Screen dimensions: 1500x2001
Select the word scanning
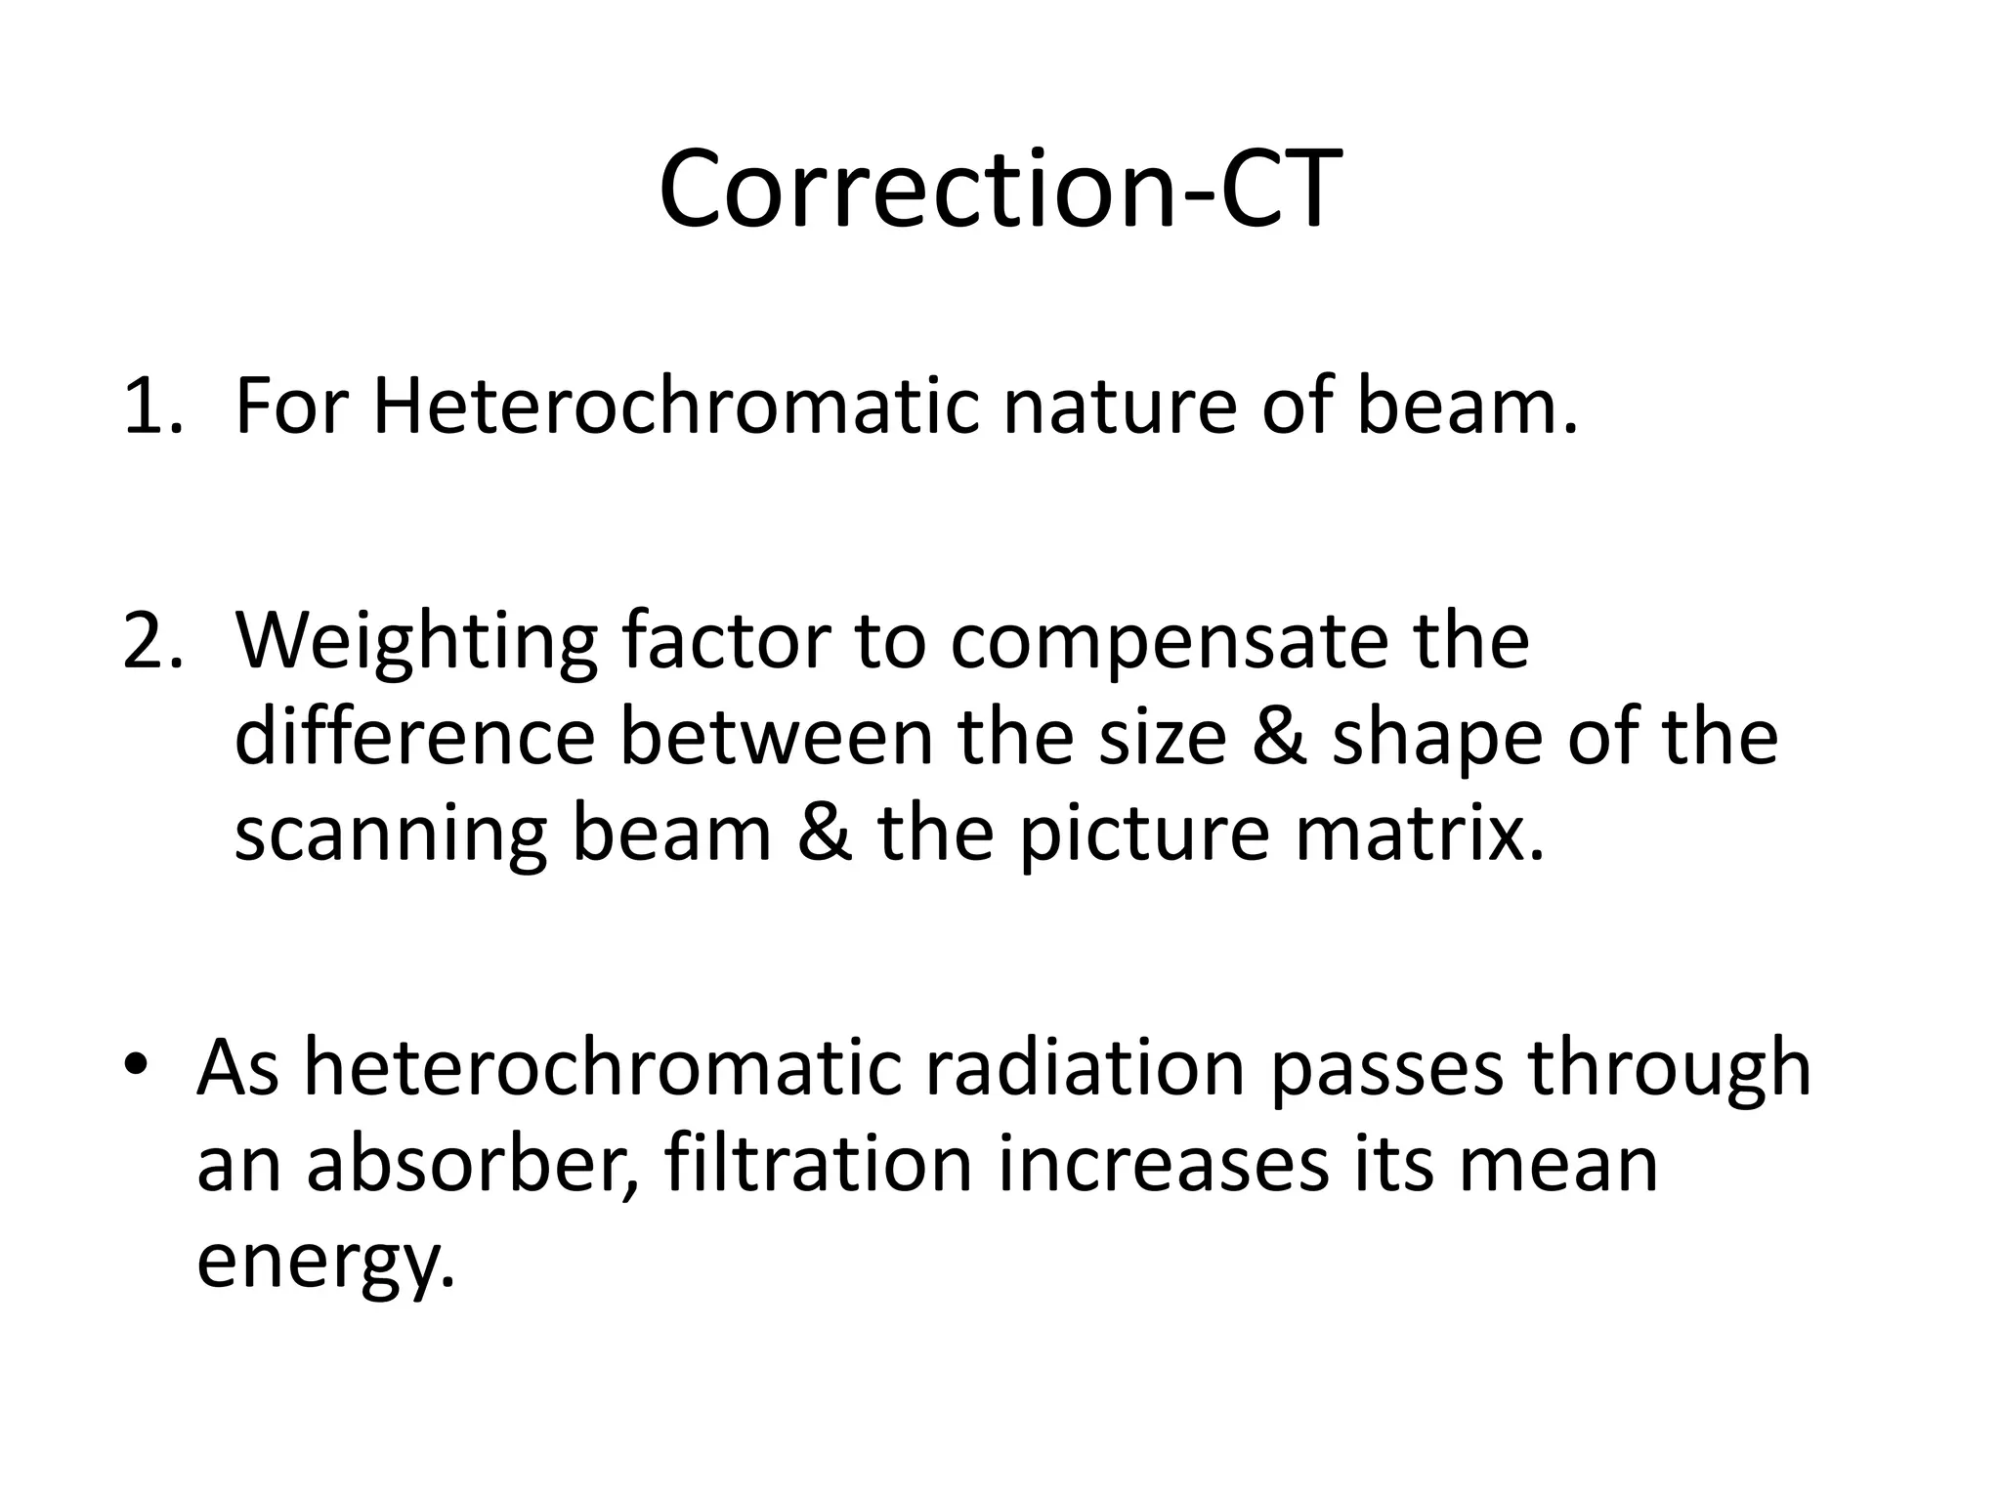coord(391,836)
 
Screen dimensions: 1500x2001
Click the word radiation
coord(1085,1068)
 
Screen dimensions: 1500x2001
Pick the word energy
coord(326,1261)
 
